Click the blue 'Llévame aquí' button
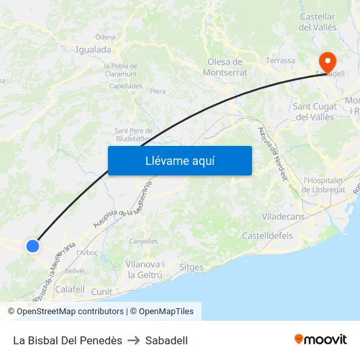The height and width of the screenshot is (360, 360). [179, 160]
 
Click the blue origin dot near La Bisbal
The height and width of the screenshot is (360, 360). [33, 246]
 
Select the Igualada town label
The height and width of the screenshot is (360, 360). [94, 49]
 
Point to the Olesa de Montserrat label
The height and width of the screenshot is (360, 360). [225, 67]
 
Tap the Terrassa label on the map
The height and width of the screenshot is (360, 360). [280, 61]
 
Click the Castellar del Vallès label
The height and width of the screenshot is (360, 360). [317, 22]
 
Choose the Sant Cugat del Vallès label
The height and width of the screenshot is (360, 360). [314, 111]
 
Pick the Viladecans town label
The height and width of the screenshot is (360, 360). [283, 216]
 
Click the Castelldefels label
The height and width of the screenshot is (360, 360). [267, 236]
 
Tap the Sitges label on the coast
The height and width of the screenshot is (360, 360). [191, 267]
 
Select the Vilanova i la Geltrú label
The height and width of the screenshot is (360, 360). [145, 270]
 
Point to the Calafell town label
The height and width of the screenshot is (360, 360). [70, 289]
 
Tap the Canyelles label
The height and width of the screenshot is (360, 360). [143, 241]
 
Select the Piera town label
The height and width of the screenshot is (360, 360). [158, 92]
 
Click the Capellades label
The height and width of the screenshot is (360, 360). [125, 86]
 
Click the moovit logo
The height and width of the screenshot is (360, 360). [321, 339]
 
